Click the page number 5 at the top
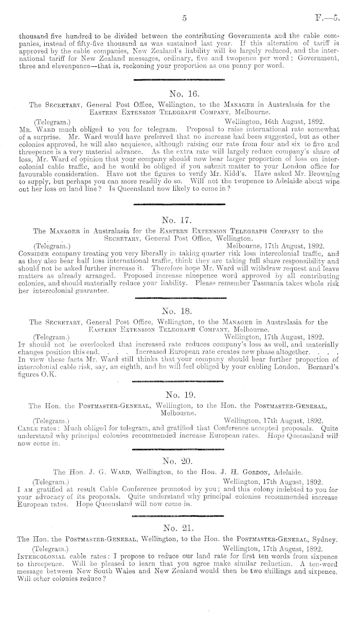click(184, 19)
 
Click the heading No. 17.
click(179, 220)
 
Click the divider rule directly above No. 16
click(179, 80)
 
